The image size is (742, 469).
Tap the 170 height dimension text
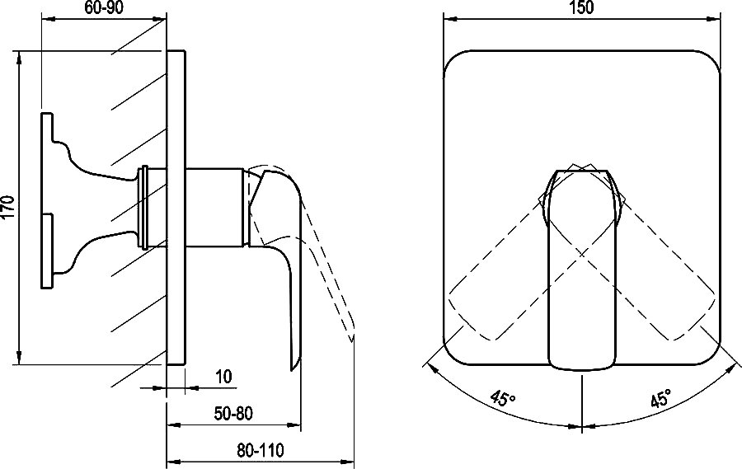pos(8,207)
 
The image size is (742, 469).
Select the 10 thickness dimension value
pos(223,377)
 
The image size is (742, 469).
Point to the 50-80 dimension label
pos(233,414)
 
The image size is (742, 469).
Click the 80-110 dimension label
pos(261,450)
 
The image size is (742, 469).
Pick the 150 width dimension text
pos(581,8)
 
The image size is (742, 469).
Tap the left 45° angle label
pos(503,398)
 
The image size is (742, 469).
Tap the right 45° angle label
pos(660,398)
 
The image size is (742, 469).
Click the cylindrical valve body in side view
pos(215,207)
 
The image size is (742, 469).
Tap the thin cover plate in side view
pos(176,207)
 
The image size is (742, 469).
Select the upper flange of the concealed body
pos(47,128)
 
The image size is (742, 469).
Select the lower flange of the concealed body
pos(47,251)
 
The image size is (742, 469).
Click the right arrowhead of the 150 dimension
pos(714,19)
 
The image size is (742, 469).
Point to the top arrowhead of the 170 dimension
pos(19,58)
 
